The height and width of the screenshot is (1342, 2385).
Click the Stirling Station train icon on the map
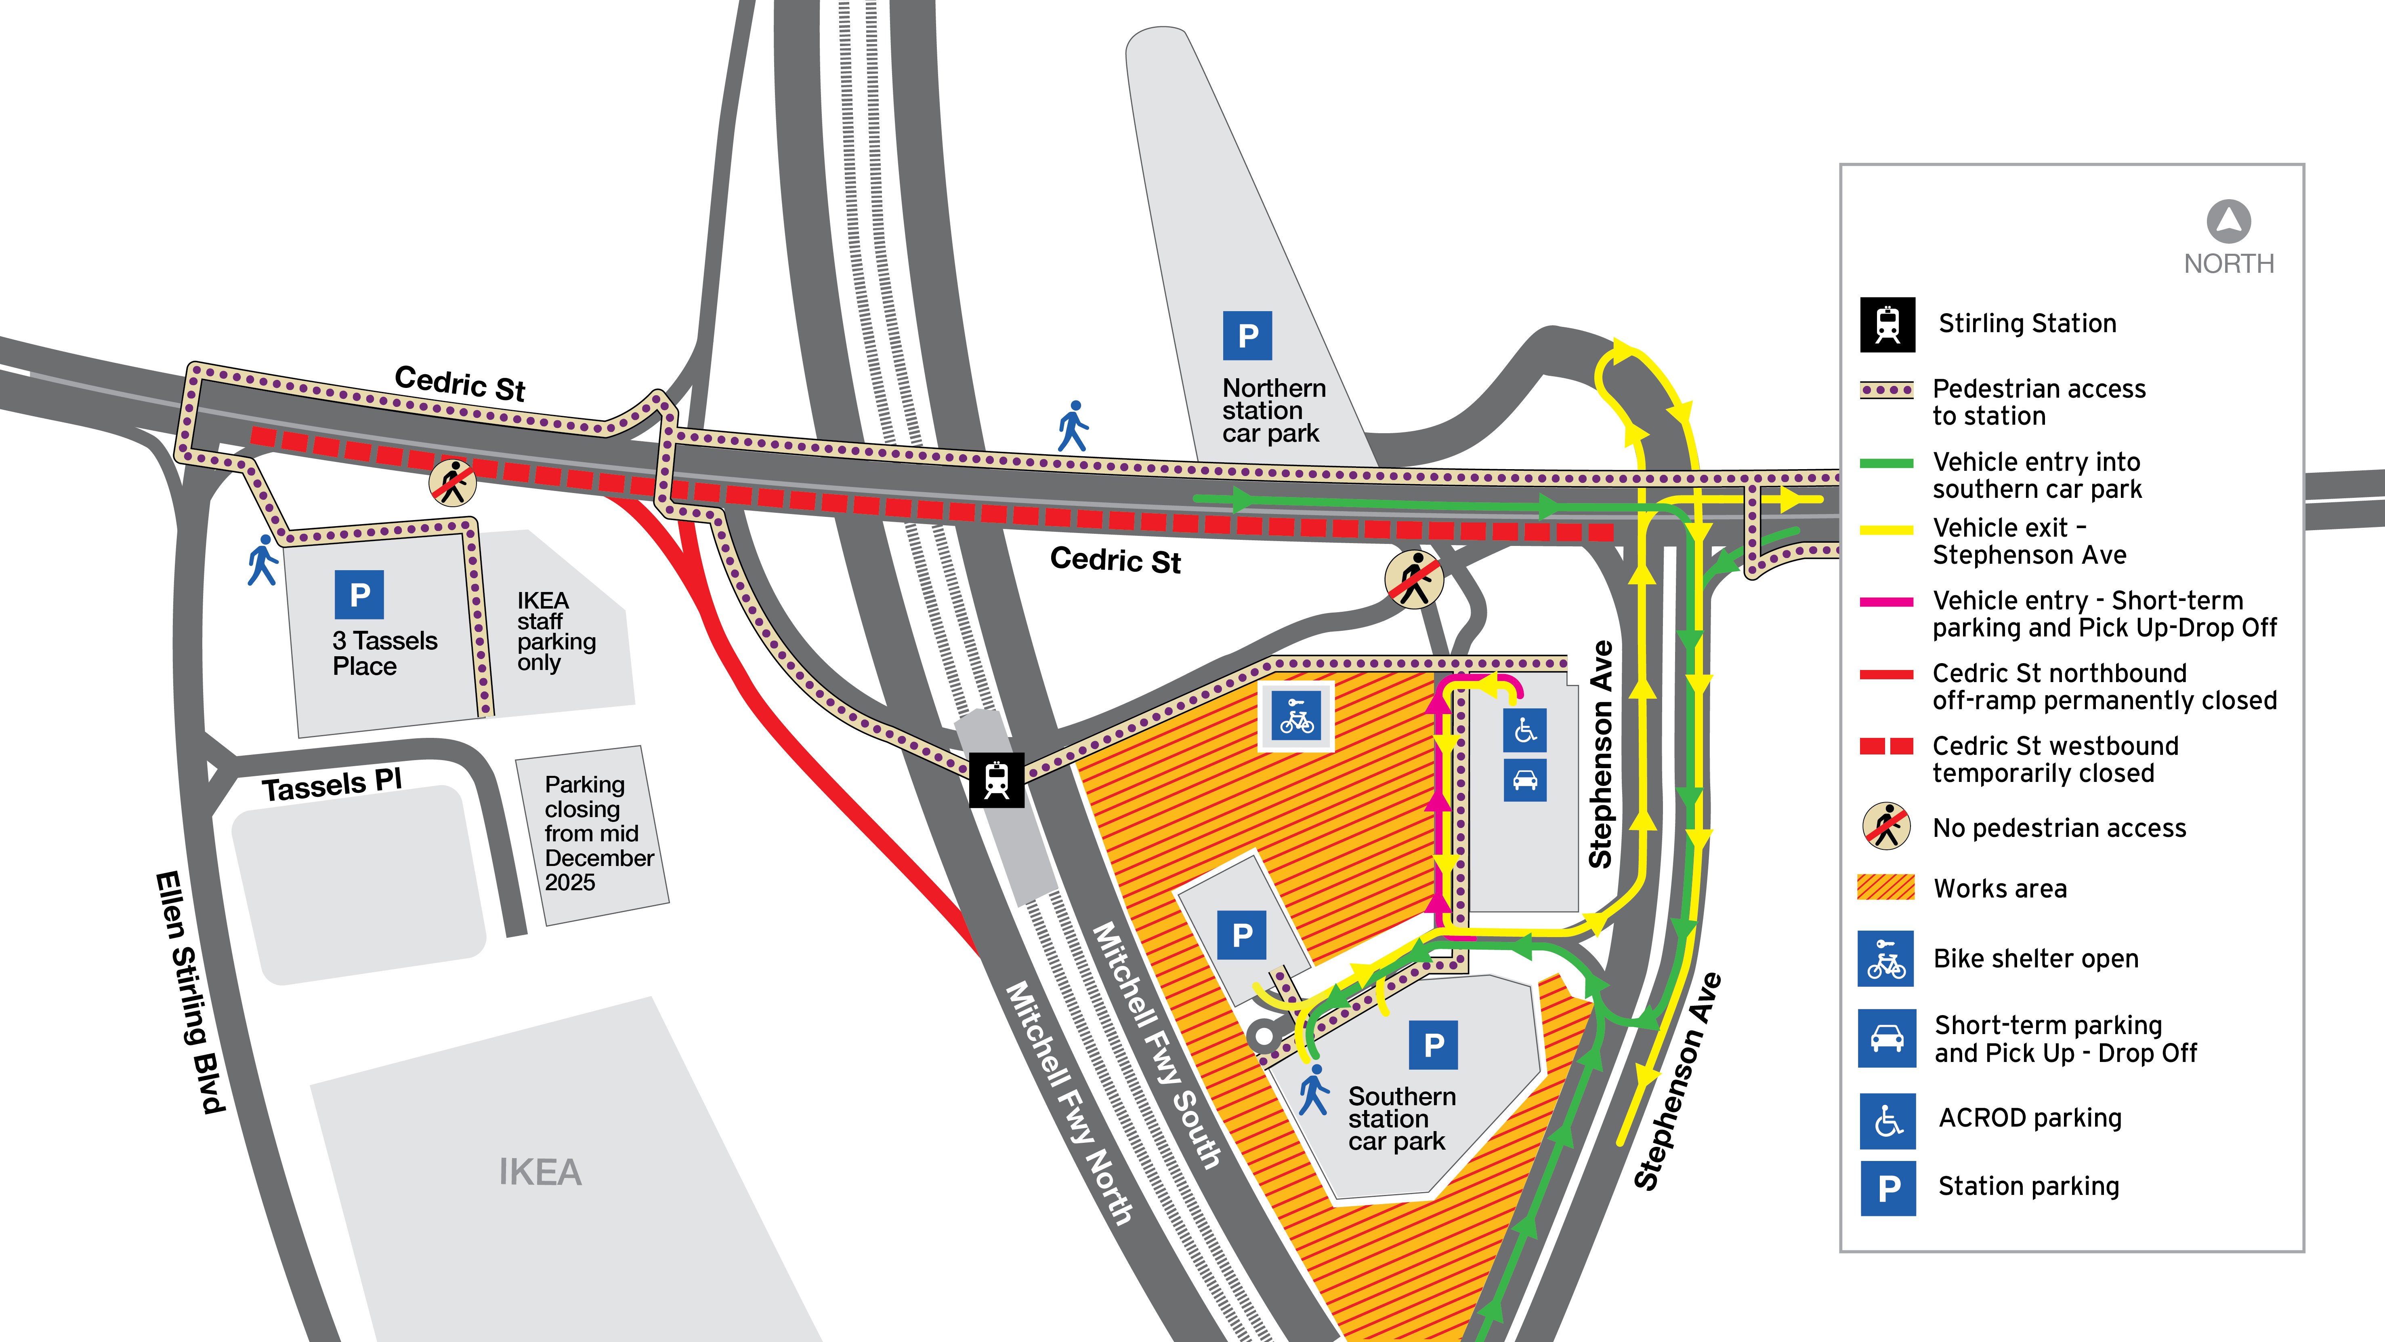click(996, 780)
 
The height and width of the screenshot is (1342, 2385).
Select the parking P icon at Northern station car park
click(1247, 335)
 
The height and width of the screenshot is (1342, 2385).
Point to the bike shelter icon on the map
click(1296, 716)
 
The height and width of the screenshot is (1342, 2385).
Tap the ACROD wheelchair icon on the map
click(1525, 730)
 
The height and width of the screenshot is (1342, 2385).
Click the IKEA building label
click(540, 1173)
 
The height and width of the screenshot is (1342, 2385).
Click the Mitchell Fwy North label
click(1069, 1102)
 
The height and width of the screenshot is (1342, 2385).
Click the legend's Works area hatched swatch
click(1886, 887)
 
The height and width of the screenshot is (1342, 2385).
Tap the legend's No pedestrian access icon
click(1886, 826)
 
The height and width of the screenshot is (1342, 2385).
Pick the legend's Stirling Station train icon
click(1887, 324)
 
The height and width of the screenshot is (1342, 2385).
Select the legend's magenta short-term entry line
click(1886, 602)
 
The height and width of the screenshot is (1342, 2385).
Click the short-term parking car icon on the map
click(1525, 781)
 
